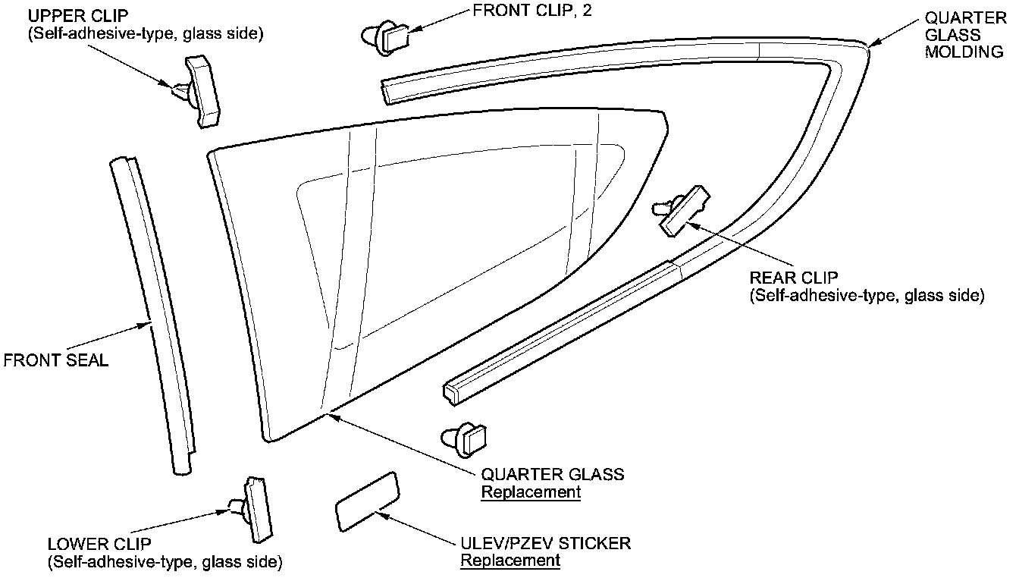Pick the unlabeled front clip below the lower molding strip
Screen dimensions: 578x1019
(466, 438)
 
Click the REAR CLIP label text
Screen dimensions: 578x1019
(793, 278)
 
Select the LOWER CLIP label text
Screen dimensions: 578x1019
(99, 544)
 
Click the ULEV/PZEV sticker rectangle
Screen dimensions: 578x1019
(367, 501)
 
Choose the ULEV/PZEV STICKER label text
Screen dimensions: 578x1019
(545, 543)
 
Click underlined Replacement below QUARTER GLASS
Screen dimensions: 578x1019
(531, 492)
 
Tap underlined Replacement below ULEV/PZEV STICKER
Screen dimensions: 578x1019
(510, 561)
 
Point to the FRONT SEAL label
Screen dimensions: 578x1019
(56, 360)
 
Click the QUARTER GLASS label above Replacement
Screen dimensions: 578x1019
(553, 474)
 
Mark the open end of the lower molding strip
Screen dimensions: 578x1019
(450, 390)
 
